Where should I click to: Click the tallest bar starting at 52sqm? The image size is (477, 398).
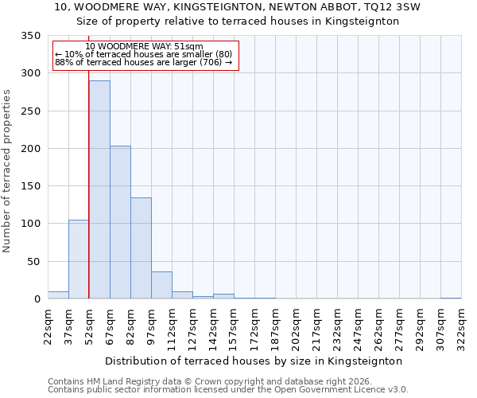99,189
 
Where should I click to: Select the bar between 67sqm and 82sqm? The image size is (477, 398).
120,222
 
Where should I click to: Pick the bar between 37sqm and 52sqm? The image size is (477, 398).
79,259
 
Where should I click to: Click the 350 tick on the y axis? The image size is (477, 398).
31,36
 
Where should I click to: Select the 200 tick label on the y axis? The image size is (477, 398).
31,149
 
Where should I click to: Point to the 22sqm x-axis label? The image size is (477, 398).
48,326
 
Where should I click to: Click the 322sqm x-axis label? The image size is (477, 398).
462,326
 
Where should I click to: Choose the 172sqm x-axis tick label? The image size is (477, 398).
255,326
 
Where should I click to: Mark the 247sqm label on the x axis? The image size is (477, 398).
359,326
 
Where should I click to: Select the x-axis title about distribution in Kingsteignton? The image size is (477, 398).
254,361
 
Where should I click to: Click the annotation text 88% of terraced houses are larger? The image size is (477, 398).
144,62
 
